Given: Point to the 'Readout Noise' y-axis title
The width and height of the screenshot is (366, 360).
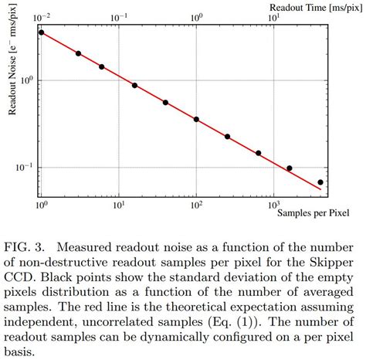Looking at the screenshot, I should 13,69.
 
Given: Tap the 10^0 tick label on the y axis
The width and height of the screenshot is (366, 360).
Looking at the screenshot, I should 25,79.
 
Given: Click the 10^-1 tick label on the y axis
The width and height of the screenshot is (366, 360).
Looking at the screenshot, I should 23,168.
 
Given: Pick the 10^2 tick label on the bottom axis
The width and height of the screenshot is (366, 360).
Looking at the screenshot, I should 196,205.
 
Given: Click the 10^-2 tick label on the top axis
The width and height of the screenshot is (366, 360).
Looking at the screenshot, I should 42,17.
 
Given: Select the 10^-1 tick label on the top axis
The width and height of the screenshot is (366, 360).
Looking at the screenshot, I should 119,17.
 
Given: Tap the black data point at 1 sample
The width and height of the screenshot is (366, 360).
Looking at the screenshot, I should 42,32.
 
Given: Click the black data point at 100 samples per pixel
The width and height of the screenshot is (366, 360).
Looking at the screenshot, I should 196,120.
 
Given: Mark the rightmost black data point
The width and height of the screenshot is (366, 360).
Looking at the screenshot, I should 320,182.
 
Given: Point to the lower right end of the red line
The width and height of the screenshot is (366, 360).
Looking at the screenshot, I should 320,189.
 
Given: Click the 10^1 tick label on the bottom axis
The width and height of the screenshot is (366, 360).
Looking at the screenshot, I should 119,205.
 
